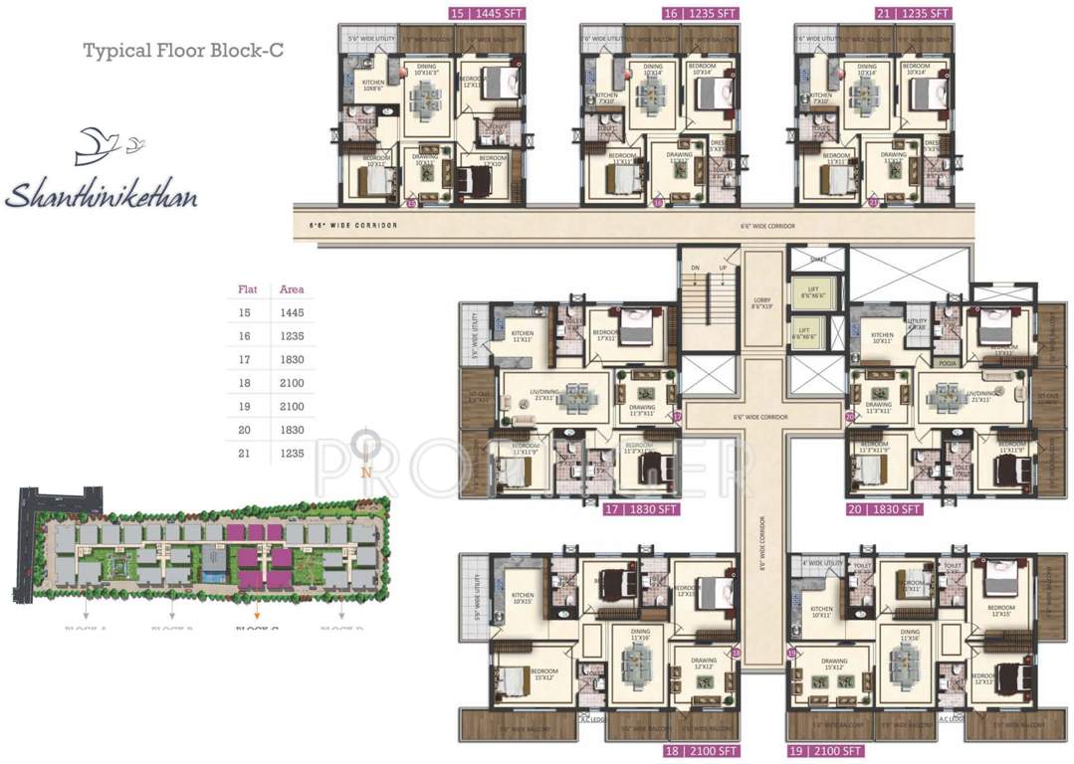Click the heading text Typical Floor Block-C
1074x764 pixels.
183,51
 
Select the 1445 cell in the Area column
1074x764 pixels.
291,312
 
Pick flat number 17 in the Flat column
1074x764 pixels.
244,359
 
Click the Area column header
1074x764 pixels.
291,289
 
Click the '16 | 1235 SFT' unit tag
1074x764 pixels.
701,13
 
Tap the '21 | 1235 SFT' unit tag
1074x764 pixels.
914,13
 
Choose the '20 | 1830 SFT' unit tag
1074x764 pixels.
885,508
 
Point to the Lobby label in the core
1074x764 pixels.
763,304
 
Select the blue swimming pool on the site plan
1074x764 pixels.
212,575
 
